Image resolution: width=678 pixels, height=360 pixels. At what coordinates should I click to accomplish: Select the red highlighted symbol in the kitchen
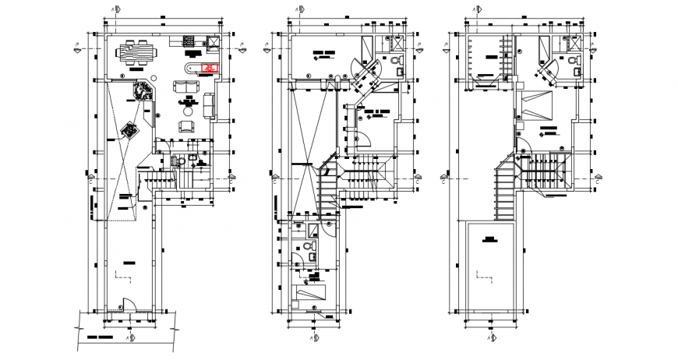[209, 69]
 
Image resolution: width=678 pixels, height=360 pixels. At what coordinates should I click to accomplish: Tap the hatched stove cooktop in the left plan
[189, 41]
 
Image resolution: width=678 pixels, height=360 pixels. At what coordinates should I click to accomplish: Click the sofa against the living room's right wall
[208, 104]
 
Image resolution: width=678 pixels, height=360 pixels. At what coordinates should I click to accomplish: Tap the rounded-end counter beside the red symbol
[190, 69]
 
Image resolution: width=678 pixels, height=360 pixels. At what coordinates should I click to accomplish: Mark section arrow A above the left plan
[115, 9]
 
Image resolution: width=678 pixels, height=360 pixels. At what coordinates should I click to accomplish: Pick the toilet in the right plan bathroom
[575, 61]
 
